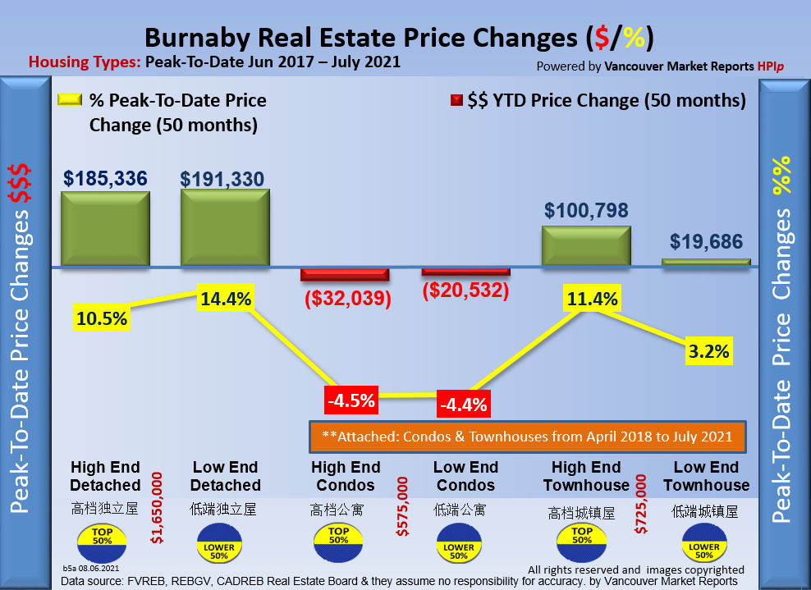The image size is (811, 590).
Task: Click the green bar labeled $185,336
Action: point(104,228)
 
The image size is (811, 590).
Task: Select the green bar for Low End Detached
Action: point(225,227)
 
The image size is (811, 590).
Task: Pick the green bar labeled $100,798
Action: point(586,245)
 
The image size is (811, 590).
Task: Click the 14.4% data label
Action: point(226,300)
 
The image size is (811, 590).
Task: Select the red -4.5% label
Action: point(351,401)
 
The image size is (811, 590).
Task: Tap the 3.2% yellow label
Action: point(708,352)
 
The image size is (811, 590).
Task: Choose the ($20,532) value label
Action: point(465,290)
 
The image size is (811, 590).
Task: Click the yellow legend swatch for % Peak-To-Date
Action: point(70,100)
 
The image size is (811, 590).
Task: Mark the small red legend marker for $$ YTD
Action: point(456,101)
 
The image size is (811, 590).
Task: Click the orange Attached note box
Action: point(527,437)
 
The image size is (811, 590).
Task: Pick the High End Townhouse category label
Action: point(586,476)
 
